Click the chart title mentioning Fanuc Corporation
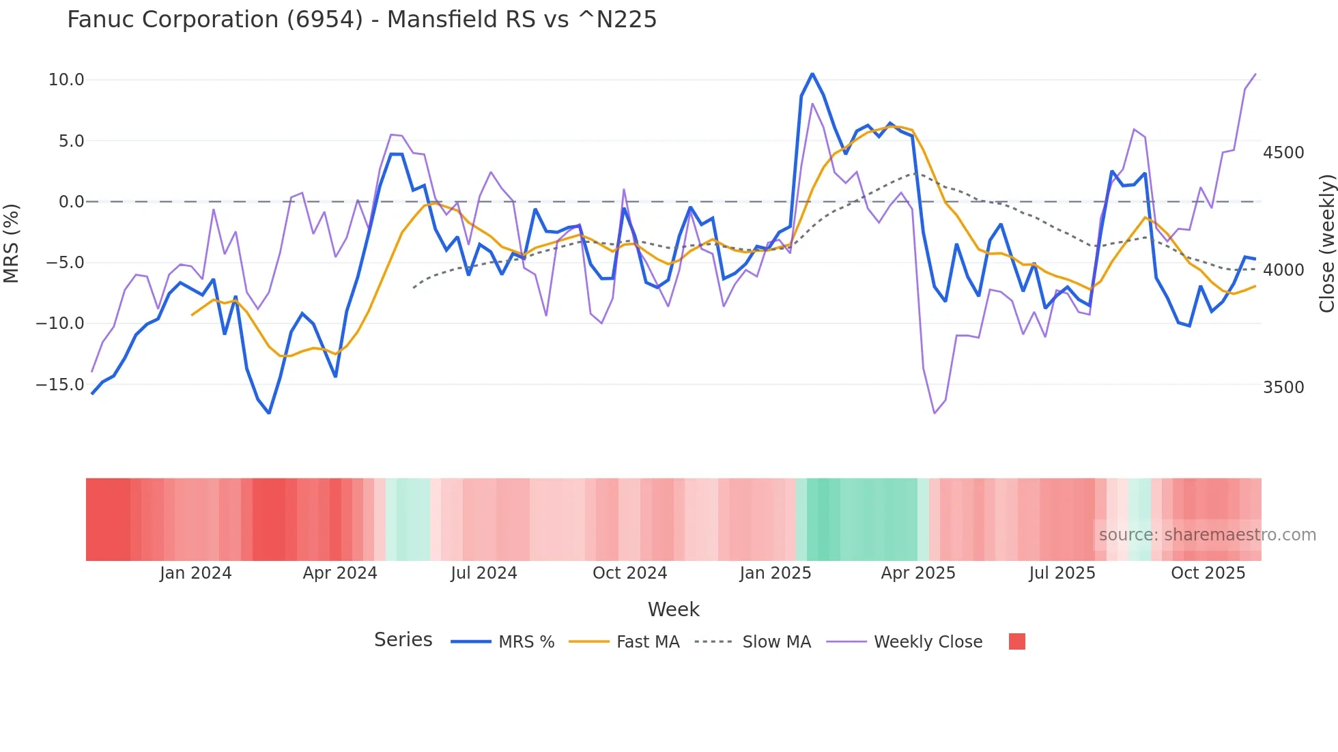[x=362, y=20]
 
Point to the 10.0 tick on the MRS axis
[x=66, y=80]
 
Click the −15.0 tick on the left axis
[x=60, y=385]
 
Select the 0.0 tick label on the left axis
[x=71, y=202]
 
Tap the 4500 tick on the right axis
[x=1283, y=153]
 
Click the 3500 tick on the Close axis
[x=1283, y=388]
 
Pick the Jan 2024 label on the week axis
[x=196, y=573]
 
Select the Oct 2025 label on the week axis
[x=1208, y=573]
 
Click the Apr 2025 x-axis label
[x=917, y=573]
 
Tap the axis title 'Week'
[x=673, y=609]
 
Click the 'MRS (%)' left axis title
[x=12, y=243]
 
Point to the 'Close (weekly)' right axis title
[x=1326, y=243]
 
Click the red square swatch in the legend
[x=1016, y=641]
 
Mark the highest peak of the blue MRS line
[x=812, y=74]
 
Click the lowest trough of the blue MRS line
[x=269, y=413]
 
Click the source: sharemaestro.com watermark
[x=1207, y=535]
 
